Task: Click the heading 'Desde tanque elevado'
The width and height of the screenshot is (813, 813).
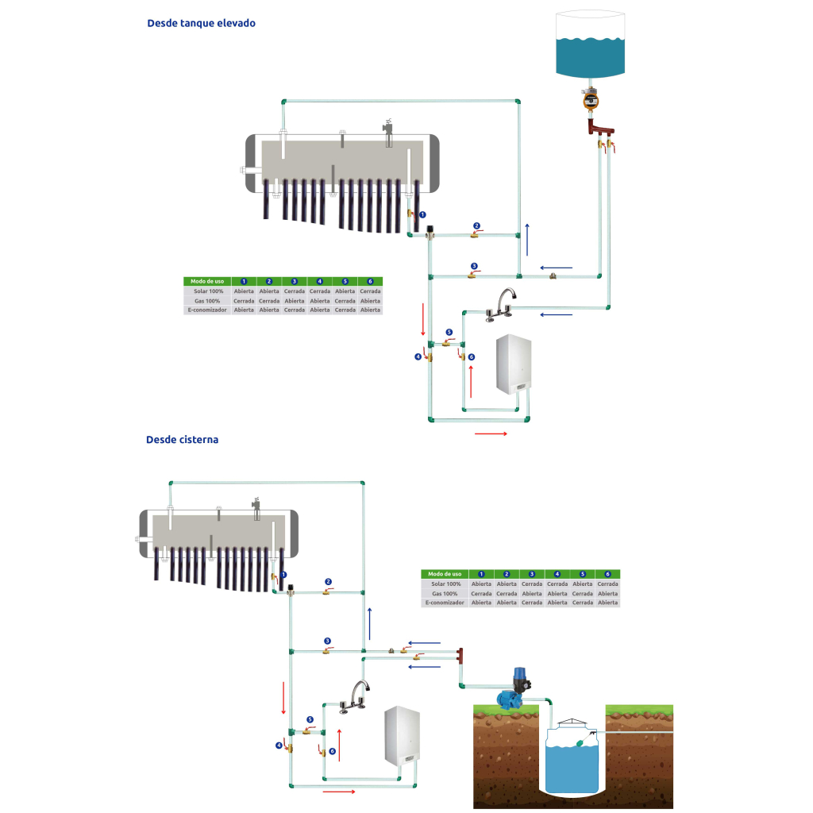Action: pyautogui.click(x=201, y=23)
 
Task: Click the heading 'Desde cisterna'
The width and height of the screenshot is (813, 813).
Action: pyautogui.click(x=182, y=439)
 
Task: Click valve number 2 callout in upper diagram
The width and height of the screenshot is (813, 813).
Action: pyautogui.click(x=476, y=225)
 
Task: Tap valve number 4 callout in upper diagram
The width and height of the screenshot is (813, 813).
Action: pyautogui.click(x=418, y=356)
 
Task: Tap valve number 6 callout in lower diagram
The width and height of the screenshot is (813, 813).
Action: pyautogui.click(x=332, y=751)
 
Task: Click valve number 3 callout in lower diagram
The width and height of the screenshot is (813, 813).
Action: pyautogui.click(x=327, y=641)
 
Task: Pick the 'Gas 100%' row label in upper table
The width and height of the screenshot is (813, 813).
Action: pyautogui.click(x=206, y=301)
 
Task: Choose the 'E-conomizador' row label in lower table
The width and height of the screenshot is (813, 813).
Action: pyautogui.click(x=445, y=603)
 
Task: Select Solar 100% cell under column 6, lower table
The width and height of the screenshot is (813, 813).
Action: pyautogui.click(x=607, y=584)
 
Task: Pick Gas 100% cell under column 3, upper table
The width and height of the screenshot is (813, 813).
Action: pyautogui.click(x=295, y=301)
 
